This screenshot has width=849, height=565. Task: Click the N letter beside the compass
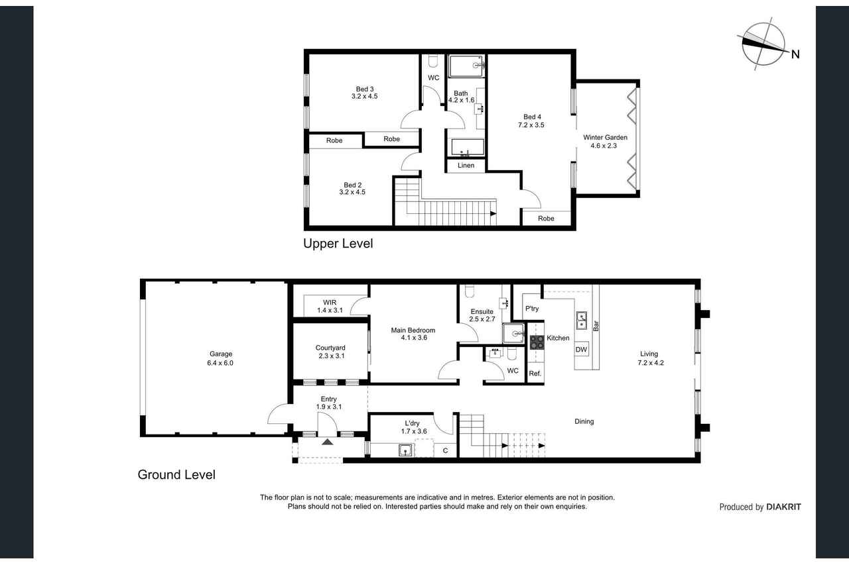tap(795, 54)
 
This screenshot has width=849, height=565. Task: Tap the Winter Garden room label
tap(605, 137)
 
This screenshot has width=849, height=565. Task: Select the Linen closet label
tap(466, 166)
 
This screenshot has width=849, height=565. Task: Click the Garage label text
tap(221, 354)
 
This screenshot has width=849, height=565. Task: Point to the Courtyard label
tap(330, 348)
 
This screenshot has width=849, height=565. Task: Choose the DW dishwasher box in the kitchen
tap(581, 349)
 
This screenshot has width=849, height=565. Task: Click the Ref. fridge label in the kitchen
tap(535, 374)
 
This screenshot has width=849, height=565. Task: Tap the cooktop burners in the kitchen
tap(537, 342)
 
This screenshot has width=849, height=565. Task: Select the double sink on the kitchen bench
tap(582, 320)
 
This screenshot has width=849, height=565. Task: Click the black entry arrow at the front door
tap(328, 442)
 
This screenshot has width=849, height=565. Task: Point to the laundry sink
tap(405, 450)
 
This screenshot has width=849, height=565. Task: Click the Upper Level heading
tap(338, 243)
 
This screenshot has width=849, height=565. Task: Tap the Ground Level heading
tap(176, 474)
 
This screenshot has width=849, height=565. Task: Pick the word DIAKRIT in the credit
tap(783, 507)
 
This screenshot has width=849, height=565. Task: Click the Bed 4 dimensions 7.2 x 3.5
tap(531, 125)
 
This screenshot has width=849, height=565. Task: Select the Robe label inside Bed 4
tap(546, 219)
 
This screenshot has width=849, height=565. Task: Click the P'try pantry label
tap(532, 309)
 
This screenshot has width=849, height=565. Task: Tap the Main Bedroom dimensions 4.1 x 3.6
tap(414, 338)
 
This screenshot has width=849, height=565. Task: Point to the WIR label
tap(330, 302)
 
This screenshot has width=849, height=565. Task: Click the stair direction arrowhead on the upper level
tap(493, 213)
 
